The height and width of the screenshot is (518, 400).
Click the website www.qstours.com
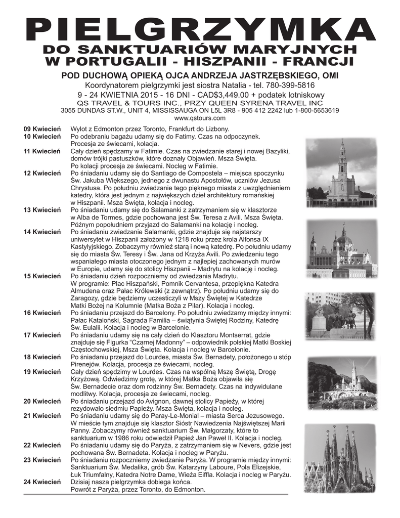200,118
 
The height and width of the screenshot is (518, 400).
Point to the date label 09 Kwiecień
42,129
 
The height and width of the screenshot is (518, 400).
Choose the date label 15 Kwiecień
42,276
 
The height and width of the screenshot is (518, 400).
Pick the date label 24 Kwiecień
42,482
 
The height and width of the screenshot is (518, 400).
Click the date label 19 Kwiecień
42,372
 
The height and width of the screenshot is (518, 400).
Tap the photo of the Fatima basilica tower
342,172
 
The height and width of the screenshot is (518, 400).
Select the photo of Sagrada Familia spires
342,458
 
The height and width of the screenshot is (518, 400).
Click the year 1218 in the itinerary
186,239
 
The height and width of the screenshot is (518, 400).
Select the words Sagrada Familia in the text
132,320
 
